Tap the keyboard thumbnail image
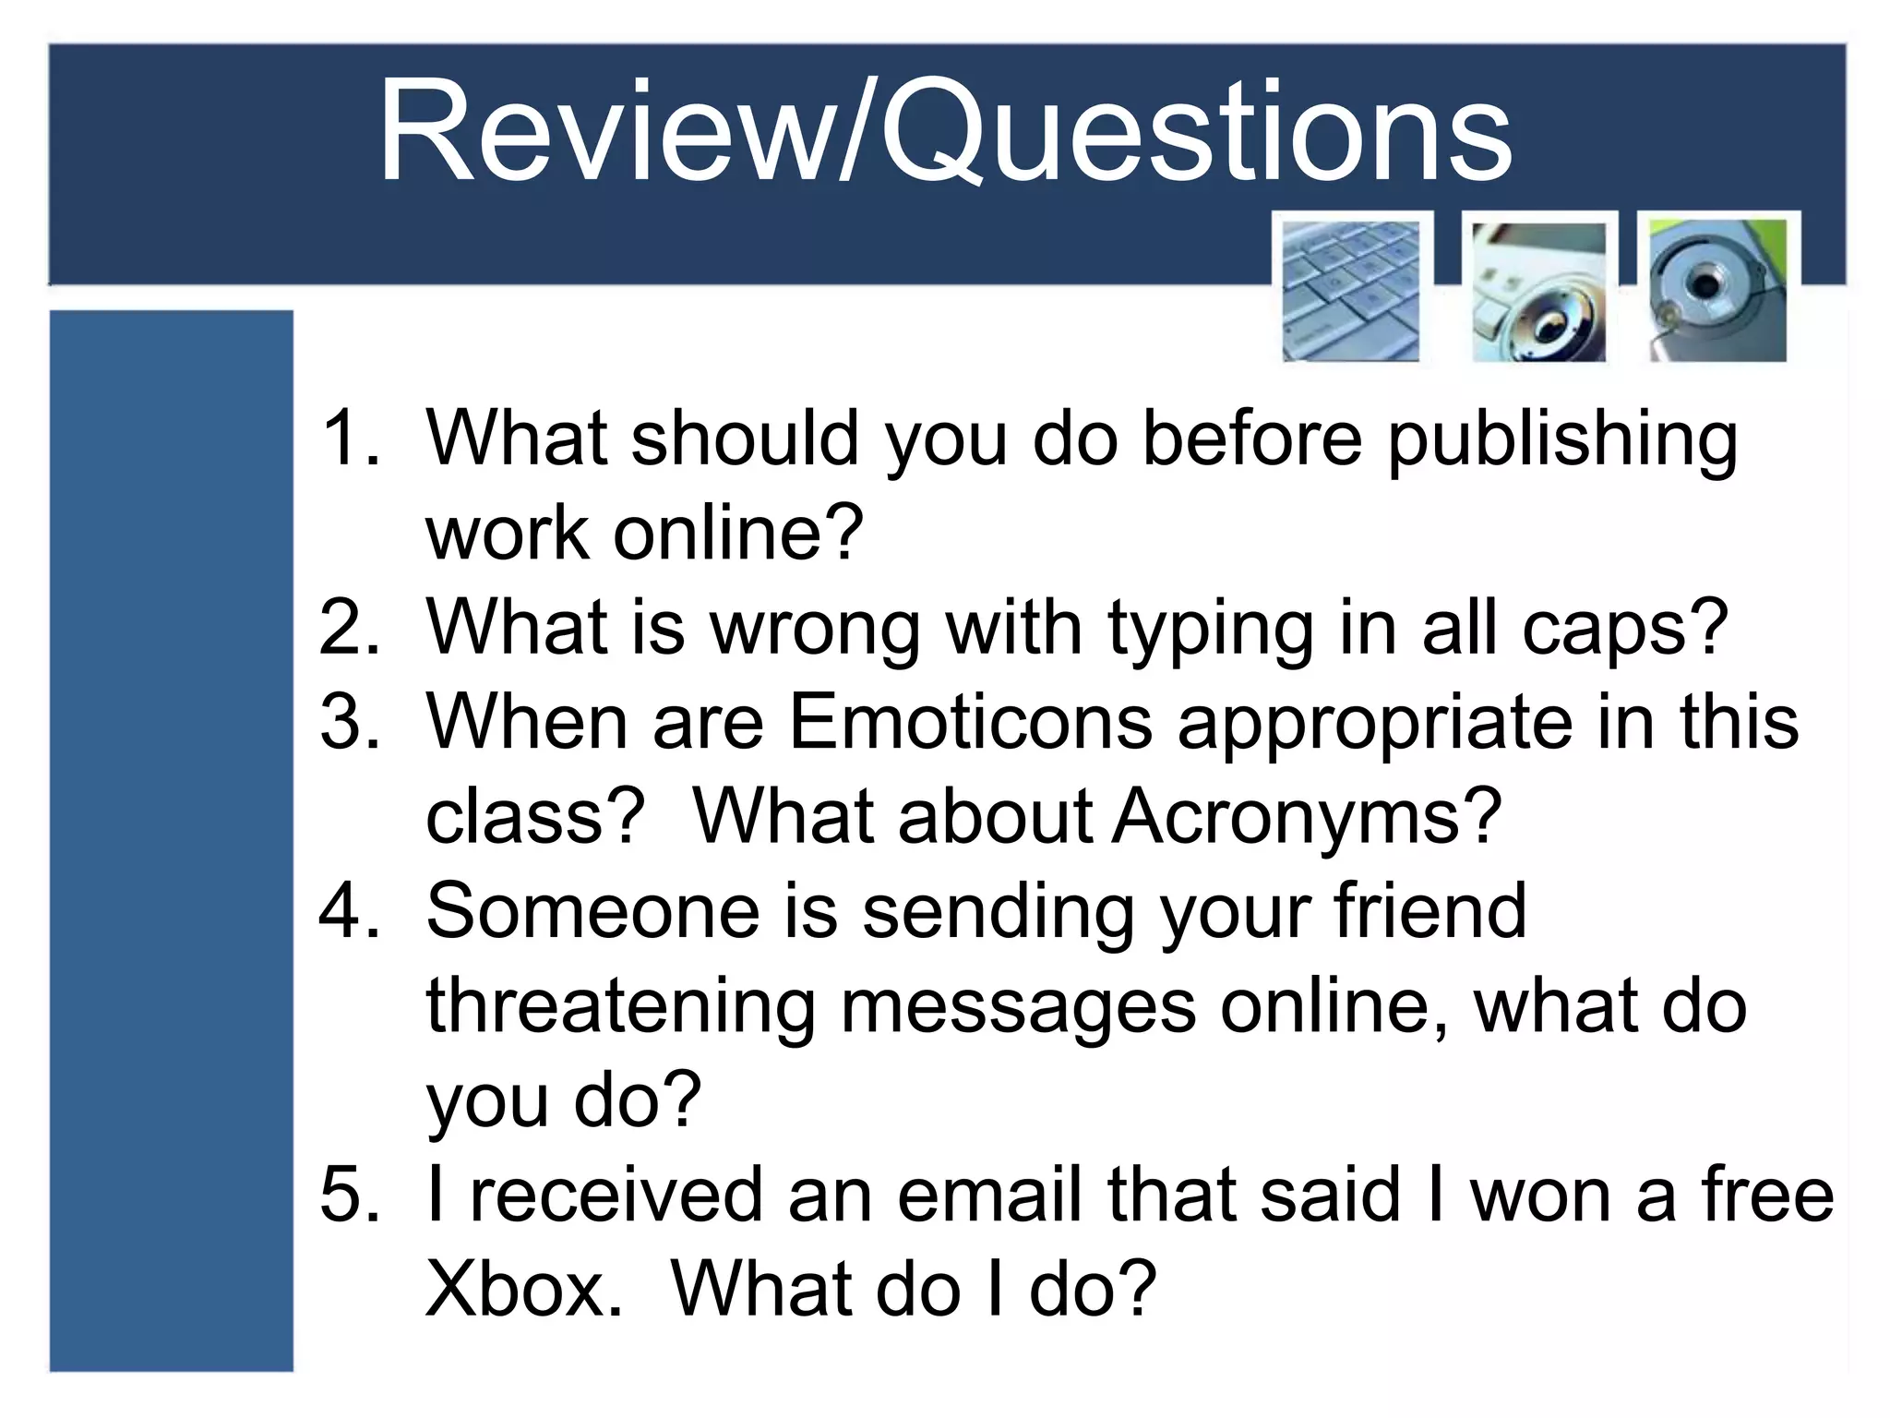click(1351, 290)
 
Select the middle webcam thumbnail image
click(1538, 292)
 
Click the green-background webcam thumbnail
click(1718, 290)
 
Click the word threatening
click(620, 1008)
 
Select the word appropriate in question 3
click(1375, 725)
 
